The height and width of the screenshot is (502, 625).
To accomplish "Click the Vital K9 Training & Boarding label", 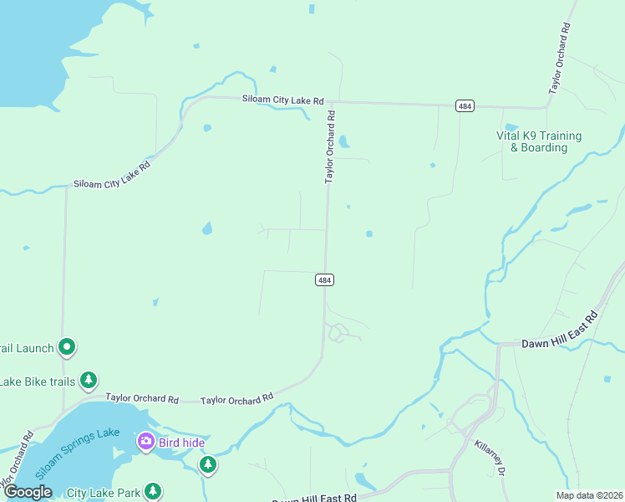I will coord(539,141).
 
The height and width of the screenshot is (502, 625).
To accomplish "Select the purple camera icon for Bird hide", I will coord(145,440).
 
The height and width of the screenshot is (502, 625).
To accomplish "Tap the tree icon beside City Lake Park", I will coord(152,491).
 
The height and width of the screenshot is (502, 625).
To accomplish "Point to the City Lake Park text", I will coord(104,493).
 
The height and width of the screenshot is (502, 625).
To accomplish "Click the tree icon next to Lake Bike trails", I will coord(88,381).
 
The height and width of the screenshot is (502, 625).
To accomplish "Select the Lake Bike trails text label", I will coord(38,382).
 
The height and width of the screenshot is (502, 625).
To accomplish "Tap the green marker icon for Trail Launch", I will coord(68,346).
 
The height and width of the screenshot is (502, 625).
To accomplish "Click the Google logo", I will coord(28,492).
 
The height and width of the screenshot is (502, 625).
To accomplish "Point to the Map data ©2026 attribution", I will coord(589,495).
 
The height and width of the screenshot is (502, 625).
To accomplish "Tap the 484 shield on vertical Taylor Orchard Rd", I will coord(325,279).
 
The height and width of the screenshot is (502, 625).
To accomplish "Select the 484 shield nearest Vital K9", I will coord(465,105).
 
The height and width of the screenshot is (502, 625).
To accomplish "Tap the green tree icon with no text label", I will coord(207,464).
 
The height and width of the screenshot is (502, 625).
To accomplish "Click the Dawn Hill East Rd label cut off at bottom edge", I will coord(314,498).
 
